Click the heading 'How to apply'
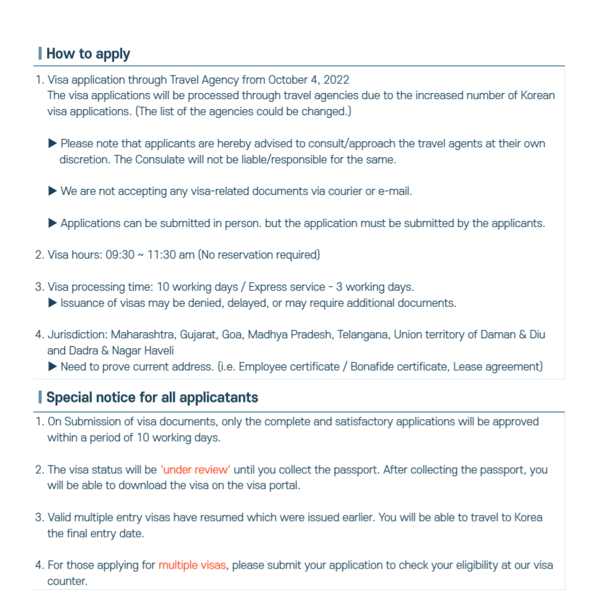pos(88,54)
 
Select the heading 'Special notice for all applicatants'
pos(152,398)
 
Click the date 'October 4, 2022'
pos(309,79)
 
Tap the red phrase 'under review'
pos(195,470)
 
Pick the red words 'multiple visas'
pos(192,565)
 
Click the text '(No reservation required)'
pos(259,255)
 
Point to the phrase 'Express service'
pos(287,287)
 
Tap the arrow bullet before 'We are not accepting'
pos(53,192)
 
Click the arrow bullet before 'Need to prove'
pos(53,367)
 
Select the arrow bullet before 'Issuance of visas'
pos(53,303)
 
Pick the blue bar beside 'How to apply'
pos(40,54)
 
